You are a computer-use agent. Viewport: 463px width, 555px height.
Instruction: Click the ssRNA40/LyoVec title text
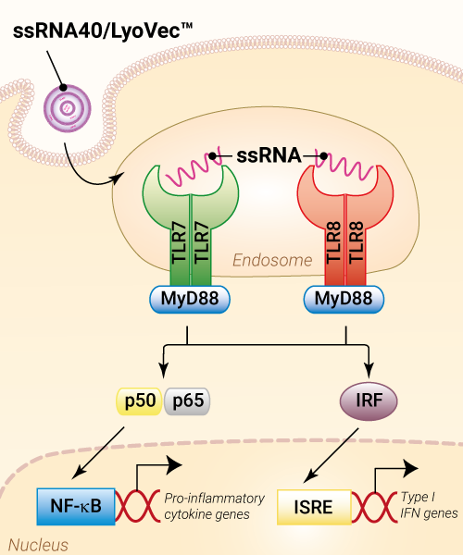[x=103, y=31]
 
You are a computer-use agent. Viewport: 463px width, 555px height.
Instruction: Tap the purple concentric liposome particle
[x=68, y=108]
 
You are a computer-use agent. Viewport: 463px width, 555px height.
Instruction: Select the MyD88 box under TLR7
[x=190, y=299]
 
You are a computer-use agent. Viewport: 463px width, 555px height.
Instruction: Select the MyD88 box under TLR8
[x=344, y=299]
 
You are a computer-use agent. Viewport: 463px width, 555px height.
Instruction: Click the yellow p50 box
[x=140, y=401]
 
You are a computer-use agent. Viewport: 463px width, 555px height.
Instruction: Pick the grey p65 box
[x=187, y=401]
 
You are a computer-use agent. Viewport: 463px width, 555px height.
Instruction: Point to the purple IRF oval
[x=369, y=401]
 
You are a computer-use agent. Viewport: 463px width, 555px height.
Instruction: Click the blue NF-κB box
[x=76, y=506]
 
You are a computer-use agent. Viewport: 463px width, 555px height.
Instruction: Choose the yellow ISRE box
[x=314, y=507]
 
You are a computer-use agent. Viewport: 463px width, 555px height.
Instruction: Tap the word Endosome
[x=272, y=261]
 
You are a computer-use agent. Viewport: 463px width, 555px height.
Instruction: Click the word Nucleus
[x=38, y=545]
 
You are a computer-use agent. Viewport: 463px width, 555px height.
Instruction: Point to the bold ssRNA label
[x=269, y=155]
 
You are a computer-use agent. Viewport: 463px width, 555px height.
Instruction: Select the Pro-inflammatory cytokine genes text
[x=214, y=506]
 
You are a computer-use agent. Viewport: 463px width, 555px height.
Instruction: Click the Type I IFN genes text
[x=429, y=505]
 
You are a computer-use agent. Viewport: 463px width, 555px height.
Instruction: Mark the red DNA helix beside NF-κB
[x=138, y=506]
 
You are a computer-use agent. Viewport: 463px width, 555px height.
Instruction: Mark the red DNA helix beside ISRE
[x=374, y=507]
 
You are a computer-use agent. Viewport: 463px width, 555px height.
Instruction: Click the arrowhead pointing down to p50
[x=163, y=371]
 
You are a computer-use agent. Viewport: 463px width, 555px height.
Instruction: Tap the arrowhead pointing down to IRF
[x=369, y=371]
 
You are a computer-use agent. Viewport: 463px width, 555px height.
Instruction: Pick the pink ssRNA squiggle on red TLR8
[x=344, y=167]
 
